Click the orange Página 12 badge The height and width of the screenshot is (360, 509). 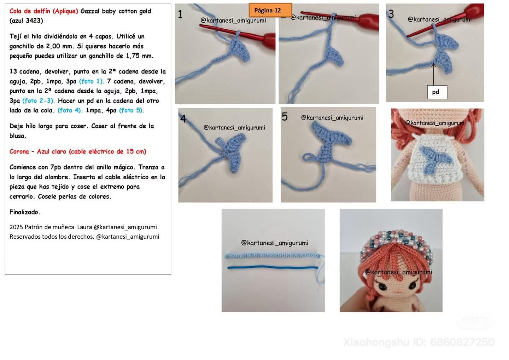270,10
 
